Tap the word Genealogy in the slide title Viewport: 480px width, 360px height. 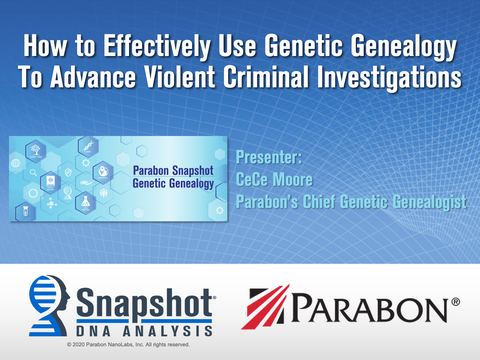[x=399, y=46]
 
